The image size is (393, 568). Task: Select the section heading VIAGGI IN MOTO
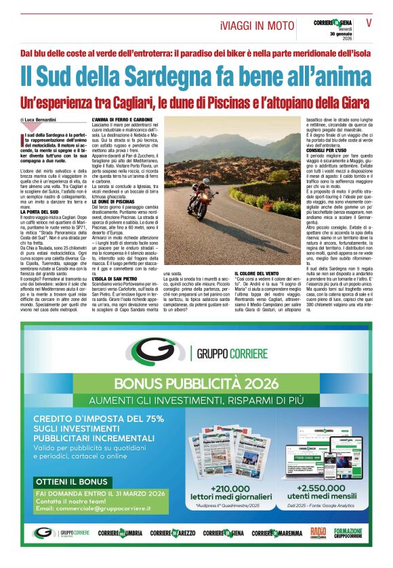point(257,26)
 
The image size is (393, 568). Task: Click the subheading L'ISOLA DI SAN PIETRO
point(116,278)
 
